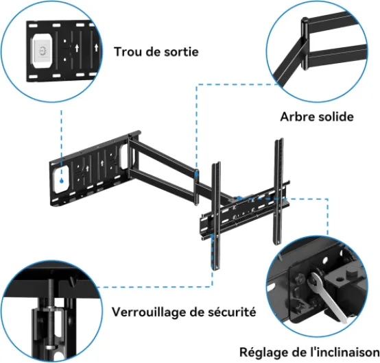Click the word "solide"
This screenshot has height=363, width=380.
[x=336, y=116]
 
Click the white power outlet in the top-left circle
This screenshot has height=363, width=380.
[x=43, y=51]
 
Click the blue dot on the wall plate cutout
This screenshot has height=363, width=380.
[x=62, y=181]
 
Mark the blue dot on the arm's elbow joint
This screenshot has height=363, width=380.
[x=197, y=173]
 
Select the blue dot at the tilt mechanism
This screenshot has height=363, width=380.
[x=239, y=199]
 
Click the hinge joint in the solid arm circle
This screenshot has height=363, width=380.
[x=305, y=44]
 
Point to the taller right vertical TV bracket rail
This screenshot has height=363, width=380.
[x=278, y=191]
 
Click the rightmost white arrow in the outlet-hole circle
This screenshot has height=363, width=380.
[x=96, y=47]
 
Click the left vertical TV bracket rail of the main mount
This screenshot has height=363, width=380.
[x=216, y=216]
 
